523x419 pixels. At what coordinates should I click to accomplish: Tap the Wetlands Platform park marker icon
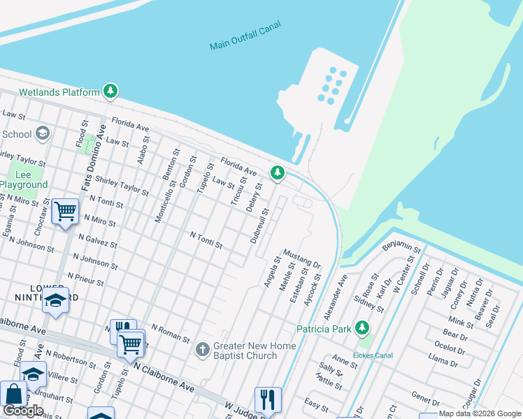coord(110,91)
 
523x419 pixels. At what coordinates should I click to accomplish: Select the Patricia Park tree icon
coord(361,328)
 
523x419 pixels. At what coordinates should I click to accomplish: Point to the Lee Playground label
coord(24,179)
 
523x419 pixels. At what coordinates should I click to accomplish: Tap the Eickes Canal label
coord(373,355)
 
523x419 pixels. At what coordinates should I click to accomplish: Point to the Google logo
coord(23,411)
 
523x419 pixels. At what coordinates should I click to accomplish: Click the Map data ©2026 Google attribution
coord(480,413)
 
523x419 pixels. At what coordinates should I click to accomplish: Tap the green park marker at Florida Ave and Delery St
coord(278,172)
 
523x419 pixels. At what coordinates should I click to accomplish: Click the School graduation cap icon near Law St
coord(42,133)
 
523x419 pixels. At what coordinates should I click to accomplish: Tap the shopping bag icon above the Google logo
coord(13,394)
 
